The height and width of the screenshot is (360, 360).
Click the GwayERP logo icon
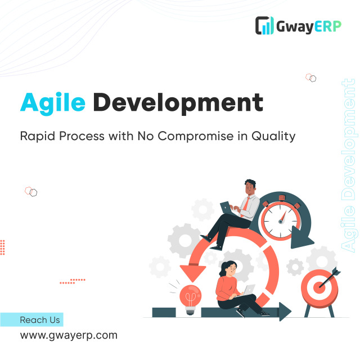pos(264,26)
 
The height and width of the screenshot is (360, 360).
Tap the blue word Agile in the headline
pos(53,102)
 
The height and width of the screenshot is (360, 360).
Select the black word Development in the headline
pos(177,103)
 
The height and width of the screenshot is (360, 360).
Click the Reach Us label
pos(39,320)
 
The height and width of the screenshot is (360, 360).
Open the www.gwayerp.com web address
pos(69,335)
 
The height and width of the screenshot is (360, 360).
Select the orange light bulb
pos(190,294)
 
